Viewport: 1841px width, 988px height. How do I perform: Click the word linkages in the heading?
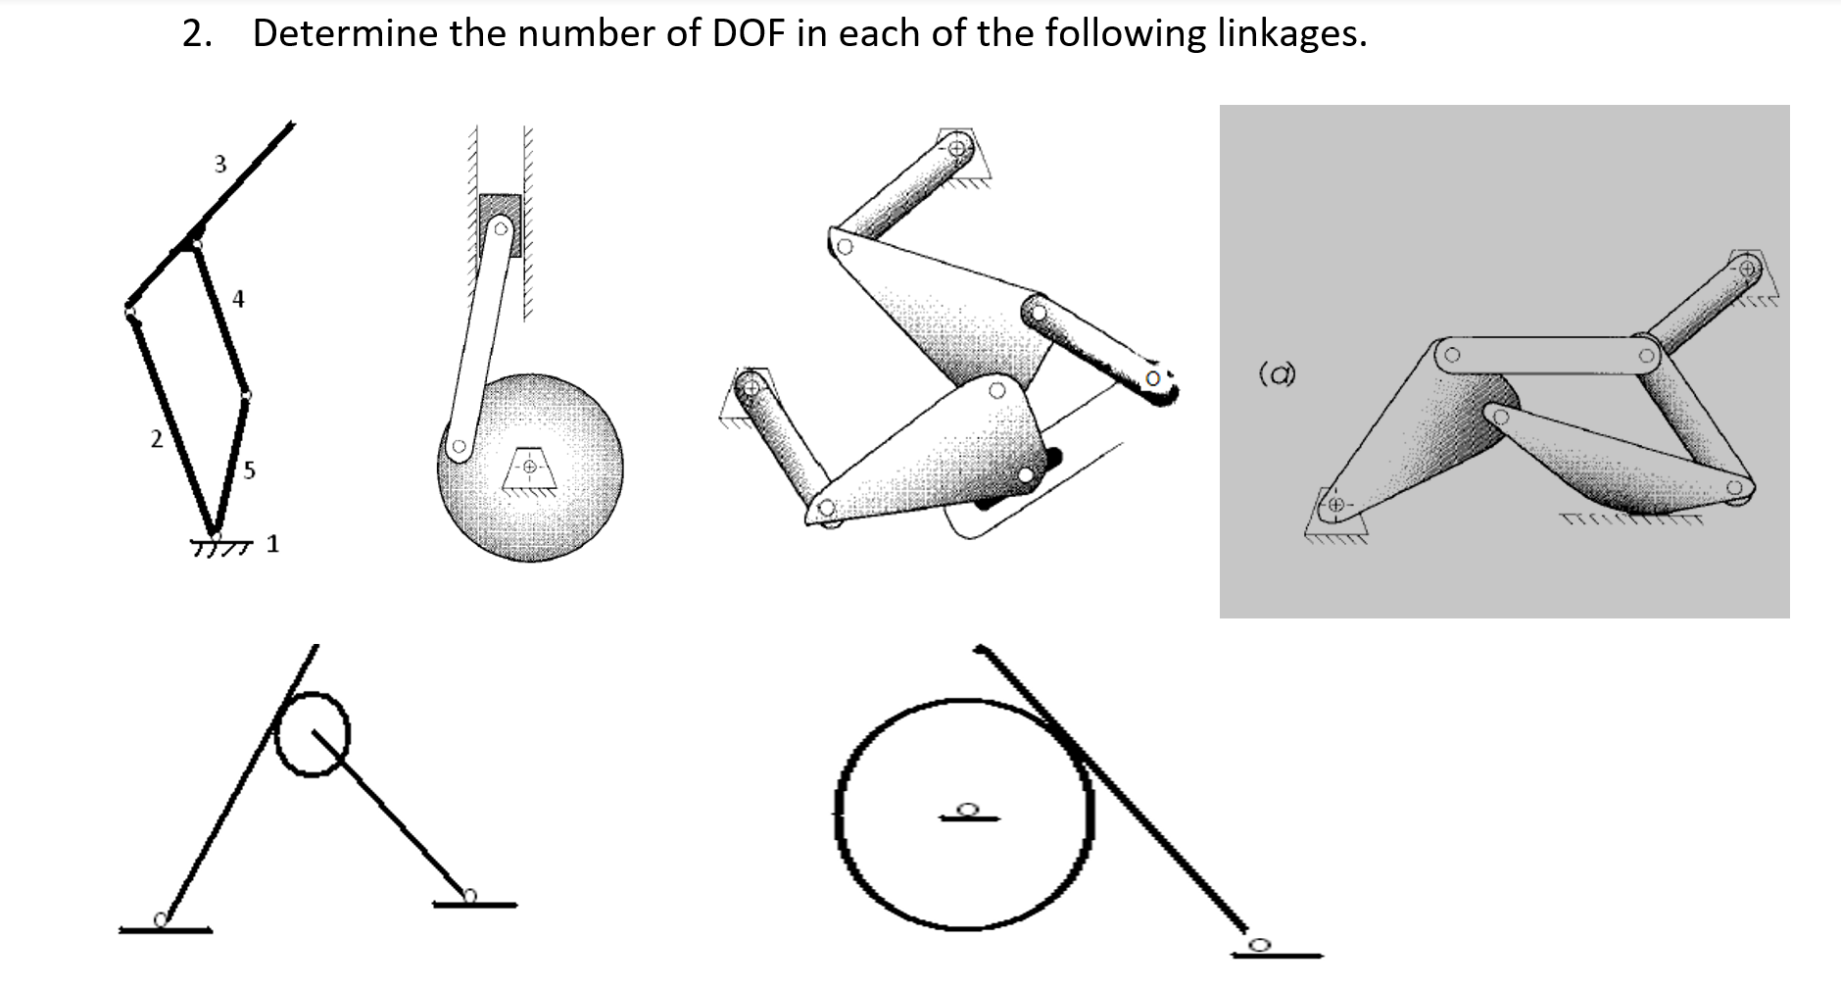coord(1290,33)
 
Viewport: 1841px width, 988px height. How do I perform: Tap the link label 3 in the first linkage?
coord(220,164)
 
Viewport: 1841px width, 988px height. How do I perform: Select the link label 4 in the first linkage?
coord(238,298)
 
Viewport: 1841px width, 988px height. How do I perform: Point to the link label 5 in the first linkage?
coord(249,471)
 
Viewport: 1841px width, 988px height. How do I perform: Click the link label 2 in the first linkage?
coord(156,440)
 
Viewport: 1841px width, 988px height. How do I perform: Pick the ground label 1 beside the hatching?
coord(272,543)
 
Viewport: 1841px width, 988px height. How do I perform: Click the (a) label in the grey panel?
coord(1276,374)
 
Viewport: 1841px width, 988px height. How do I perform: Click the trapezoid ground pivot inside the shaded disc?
coord(529,468)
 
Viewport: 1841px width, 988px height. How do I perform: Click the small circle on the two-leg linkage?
coord(312,734)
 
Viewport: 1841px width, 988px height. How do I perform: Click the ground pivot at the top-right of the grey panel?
coord(1746,267)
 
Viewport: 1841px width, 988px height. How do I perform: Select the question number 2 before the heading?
coord(196,33)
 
